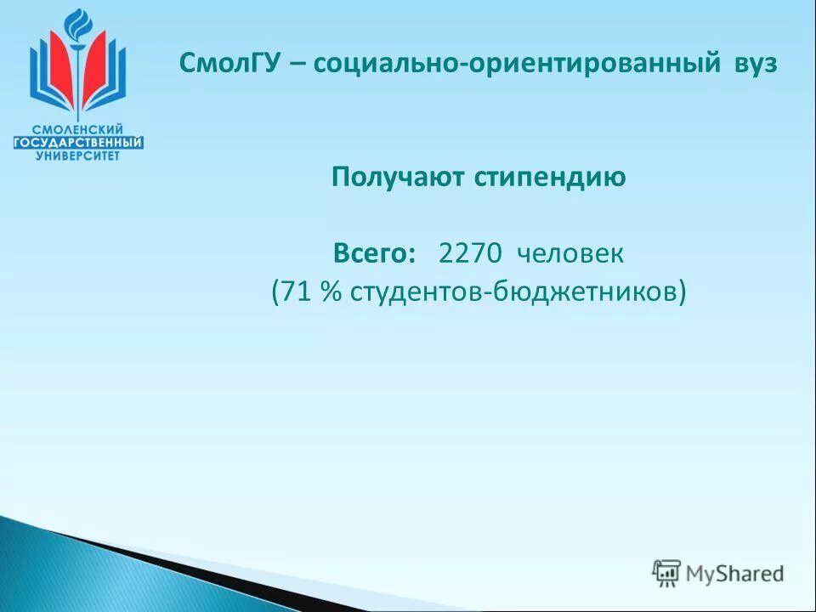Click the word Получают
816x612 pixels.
pyautogui.click(x=397, y=177)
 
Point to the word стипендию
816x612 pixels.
pyautogui.click(x=549, y=177)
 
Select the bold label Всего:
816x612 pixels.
pyautogui.click(x=375, y=253)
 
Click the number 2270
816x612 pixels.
pyautogui.click(x=470, y=253)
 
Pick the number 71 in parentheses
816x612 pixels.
pyautogui.click(x=295, y=292)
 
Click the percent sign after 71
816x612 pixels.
pyautogui.click(x=330, y=292)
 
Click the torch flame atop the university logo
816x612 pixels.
pyautogui.click(x=77, y=20)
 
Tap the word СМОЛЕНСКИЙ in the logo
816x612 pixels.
pyautogui.click(x=78, y=128)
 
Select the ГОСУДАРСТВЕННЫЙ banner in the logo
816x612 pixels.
pyautogui.click(x=78, y=142)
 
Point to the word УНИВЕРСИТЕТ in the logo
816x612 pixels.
pyautogui.click(x=78, y=156)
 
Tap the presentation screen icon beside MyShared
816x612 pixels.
pyautogui.click(x=666, y=574)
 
